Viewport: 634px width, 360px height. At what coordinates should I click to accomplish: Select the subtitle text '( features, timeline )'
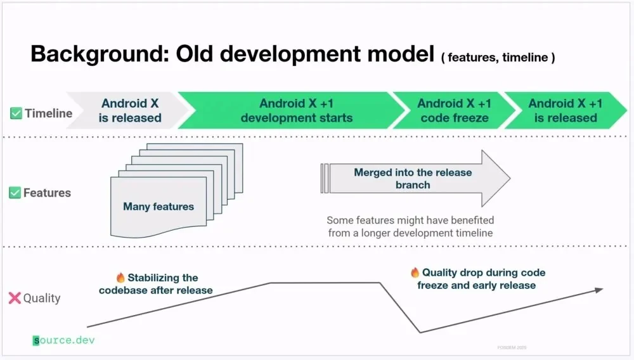pyautogui.click(x=498, y=58)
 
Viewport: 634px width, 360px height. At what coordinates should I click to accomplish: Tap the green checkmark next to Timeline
pyautogui.click(x=16, y=113)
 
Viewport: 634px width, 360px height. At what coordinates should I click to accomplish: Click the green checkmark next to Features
pyautogui.click(x=15, y=193)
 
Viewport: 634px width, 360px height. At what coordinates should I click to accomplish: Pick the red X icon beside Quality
pyautogui.click(x=15, y=298)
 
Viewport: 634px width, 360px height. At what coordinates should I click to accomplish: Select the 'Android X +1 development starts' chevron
pyautogui.click(x=296, y=110)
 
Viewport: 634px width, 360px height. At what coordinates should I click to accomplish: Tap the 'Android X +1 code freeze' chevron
pyautogui.click(x=454, y=110)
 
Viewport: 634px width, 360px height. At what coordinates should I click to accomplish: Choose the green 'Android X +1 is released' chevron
pyautogui.click(x=565, y=110)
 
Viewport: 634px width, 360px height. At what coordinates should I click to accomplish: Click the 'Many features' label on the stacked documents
pyautogui.click(x=158, y=206)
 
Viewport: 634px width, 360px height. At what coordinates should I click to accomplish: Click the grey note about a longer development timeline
pyautogui.click(x=410, y=226)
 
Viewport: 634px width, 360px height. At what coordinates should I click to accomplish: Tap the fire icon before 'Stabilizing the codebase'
pyautogui.click(x=120, y=278)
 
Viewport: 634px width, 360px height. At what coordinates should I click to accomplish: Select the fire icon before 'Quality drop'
pyautogui.click(x=415, y=273)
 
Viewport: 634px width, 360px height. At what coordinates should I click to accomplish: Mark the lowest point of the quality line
pyautogui.click(x=420, y=332)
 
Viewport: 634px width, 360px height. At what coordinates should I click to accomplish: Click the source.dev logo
pyautogui.click(x=63, y=340)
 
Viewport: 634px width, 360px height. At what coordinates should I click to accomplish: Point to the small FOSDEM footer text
pyautogui.click(x=512, y=347)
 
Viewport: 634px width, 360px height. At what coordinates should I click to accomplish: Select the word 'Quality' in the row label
pyautogui.click(x=42, y=298)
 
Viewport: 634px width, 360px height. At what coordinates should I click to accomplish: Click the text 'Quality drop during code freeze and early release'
pyautogui.click(x=482, y=279)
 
